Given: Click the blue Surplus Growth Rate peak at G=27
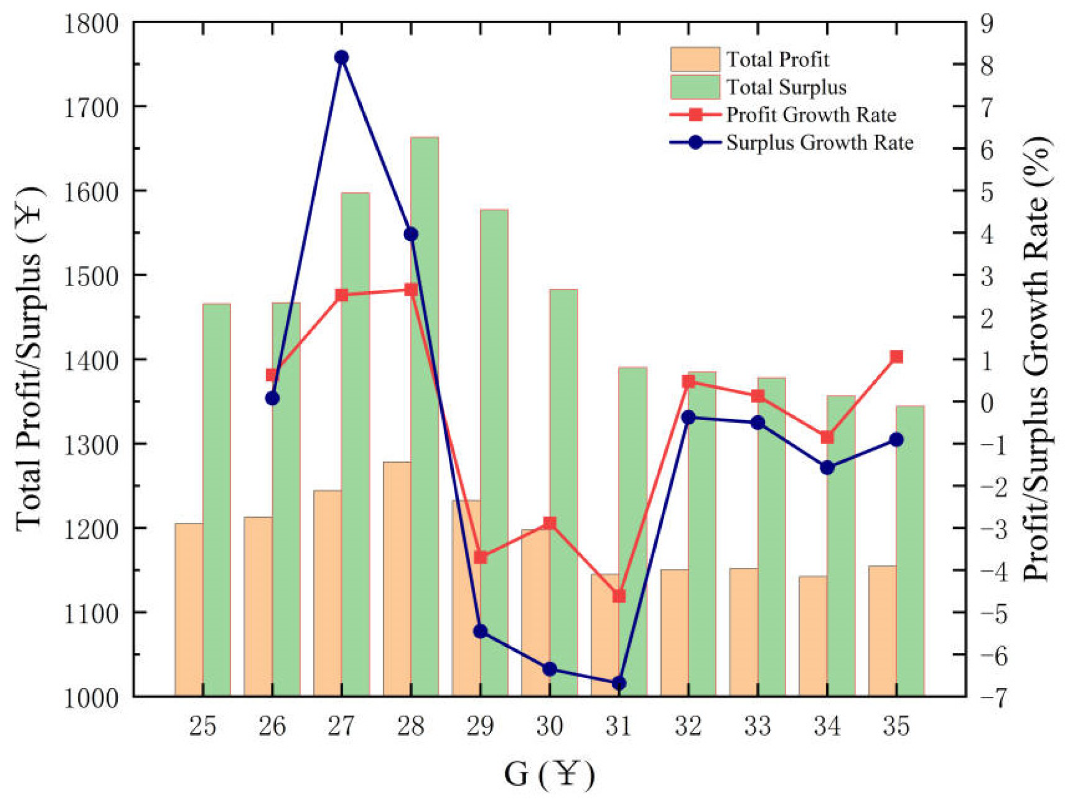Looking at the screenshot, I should (x=342, y=58).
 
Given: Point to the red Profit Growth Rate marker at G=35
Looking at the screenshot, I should (x=897, y=357).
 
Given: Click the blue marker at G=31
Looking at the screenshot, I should (x=619, y=684).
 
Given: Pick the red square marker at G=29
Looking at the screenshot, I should (x=480, y=558).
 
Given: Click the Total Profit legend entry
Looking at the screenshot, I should (x=777, y=60).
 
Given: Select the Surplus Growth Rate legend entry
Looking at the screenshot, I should (x=820, y=143).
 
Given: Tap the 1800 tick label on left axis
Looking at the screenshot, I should (x=91, y=24).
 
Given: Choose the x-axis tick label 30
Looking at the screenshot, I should (x=549, y=726).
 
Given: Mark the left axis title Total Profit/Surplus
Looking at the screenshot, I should (x=29, y=359).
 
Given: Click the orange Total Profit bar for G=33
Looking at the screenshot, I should (x=743, y=632).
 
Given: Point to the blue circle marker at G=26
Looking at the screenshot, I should (x=272, y=398).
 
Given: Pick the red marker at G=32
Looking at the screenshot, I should (x=689, y=381).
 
